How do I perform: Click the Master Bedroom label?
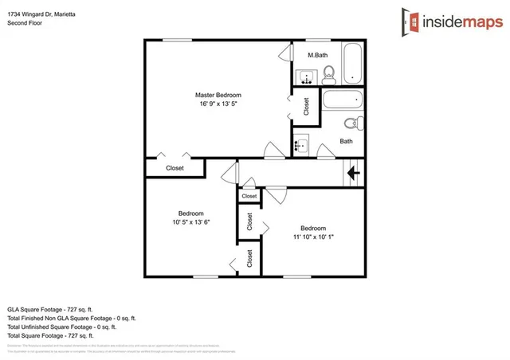click(x=218, y=95)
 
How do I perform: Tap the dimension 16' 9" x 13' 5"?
click(x=218, y=104)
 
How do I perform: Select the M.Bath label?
click(x=318, y=55)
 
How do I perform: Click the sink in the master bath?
click(x=304, y=77)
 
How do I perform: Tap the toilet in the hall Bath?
click(x=350, y=123)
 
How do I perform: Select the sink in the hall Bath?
click(x=300, y=146)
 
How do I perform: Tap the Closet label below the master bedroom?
click(x=175, y=168)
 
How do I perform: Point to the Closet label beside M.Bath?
click(x=308, y=107)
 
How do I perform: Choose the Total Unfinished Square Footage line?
click(x=62, y=327)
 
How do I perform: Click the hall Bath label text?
click(x=346, y=141)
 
